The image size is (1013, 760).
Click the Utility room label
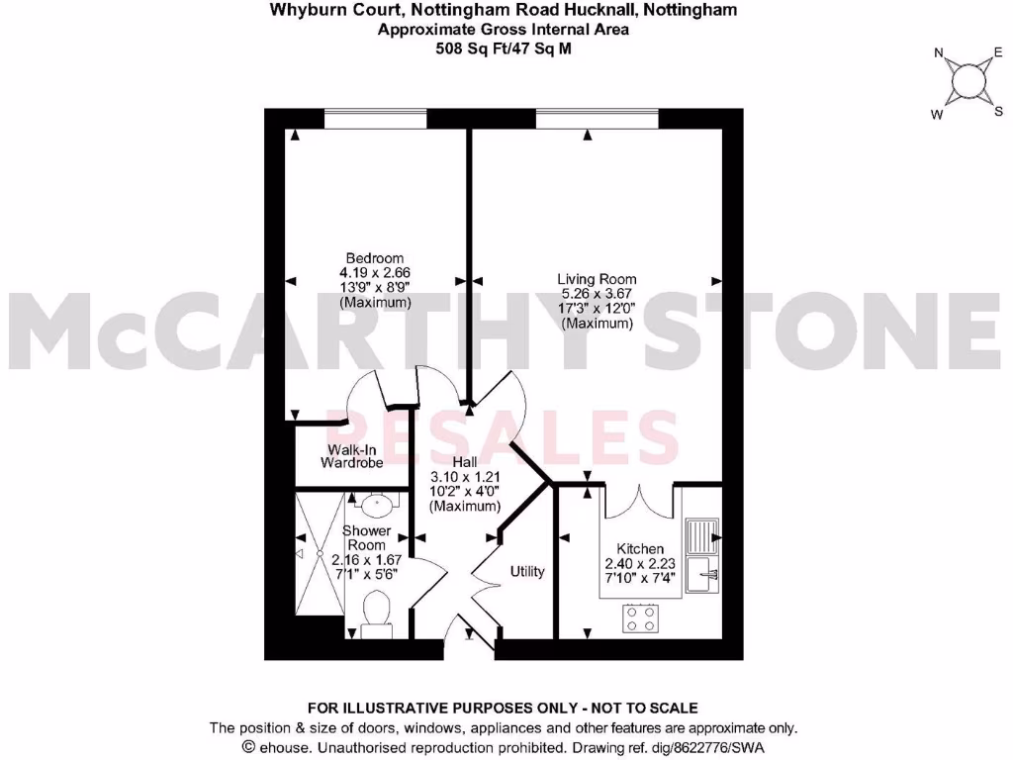click(527, 571)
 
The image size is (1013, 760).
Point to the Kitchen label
click(640, 549)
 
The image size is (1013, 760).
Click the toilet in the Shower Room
click(376, 610)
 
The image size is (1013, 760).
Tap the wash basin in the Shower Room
click(376, 506)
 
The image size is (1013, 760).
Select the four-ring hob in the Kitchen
click(640, 618)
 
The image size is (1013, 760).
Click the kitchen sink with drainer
click(705, 554)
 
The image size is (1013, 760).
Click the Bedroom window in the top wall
click(376, 119)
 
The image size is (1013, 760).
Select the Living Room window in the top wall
click(598, 119)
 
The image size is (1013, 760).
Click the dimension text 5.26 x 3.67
click(596, 294)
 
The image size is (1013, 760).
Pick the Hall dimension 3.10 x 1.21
click(464, 477)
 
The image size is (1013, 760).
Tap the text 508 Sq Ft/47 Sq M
click(504, 47)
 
